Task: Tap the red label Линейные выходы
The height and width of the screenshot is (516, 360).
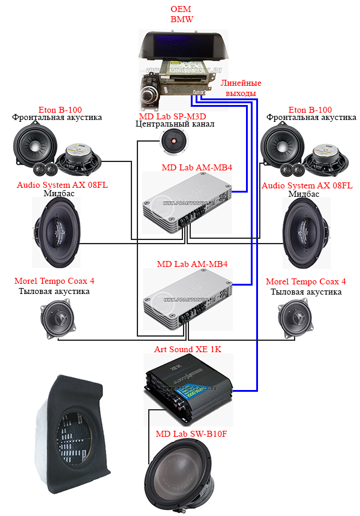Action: (x=241, y=88)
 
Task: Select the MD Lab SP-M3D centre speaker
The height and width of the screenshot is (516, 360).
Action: (x=174, y=142)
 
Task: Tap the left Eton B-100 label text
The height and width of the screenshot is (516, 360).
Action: (x=58, y=110)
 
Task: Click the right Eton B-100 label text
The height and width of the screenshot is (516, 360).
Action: (x=310, y=110)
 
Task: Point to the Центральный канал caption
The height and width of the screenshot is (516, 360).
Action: (x=175, y=125)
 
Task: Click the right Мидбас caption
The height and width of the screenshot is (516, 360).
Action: (x=307, y=194)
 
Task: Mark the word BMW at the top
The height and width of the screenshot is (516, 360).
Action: (x=182, y=19)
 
